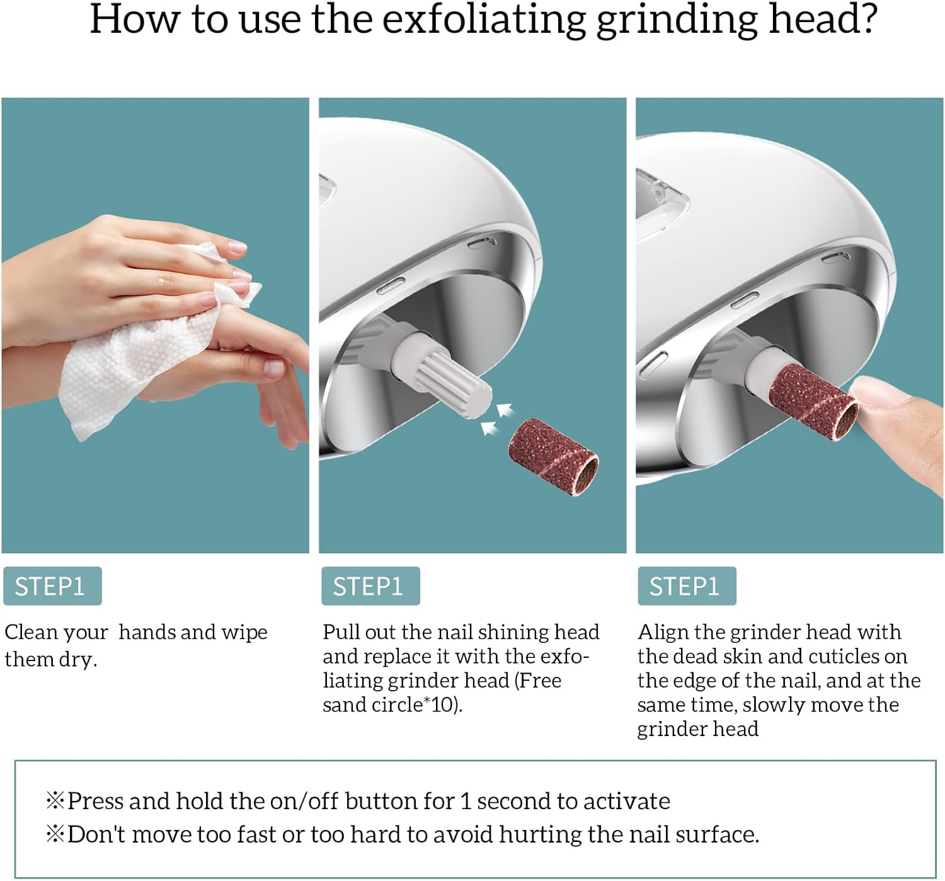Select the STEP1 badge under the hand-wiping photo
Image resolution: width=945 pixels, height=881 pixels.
(x=52, y=586)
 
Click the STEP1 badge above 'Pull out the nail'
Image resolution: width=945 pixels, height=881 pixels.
(x=370, y=586)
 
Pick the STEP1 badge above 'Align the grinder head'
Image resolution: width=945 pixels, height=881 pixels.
(x=687, y=586)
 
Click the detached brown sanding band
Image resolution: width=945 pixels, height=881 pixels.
(x=553, y=457)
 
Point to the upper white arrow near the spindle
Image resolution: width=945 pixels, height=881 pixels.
(x=505, y=409)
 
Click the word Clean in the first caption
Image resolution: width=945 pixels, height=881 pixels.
(x=31, y=633)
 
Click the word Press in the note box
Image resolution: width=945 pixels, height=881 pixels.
(x=95, y=801)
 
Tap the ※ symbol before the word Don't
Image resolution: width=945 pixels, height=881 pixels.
(x=55, y=834)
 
